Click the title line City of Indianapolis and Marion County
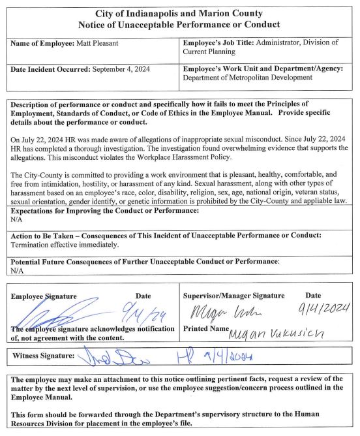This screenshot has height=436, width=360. click(179, 13)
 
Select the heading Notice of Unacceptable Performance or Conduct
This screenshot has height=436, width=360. click(179, 25)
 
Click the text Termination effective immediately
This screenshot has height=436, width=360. click(65, 245)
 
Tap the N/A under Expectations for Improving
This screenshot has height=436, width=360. click(18, 220)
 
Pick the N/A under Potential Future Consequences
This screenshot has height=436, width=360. click(18, 270)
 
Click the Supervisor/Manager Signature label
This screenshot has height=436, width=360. click(233, 296)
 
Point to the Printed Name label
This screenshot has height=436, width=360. click(206, 328)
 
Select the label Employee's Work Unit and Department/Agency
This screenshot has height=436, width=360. click(263, 68)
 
